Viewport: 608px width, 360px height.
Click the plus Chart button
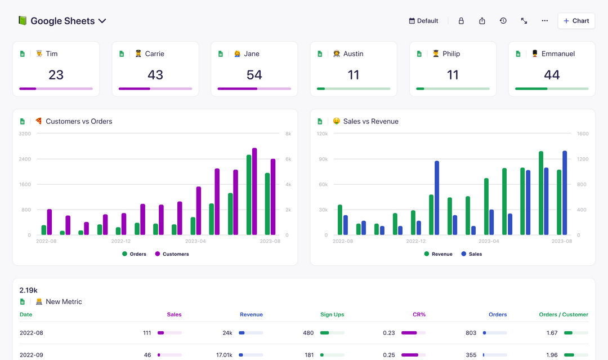(576, 21)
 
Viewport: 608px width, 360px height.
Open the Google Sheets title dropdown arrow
(102, 21)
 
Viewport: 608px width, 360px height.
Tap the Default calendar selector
(423, 21)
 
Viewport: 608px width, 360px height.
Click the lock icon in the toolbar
(461, 21)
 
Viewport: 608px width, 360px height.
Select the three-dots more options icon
(544, 21)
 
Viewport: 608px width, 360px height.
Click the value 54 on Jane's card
(254, 75)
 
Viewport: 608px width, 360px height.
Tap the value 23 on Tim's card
(56, 75)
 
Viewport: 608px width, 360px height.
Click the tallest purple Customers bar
(254, 192)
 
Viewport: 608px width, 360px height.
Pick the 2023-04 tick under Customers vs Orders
(195, 241)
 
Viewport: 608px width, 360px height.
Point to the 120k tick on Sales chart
(322, 134)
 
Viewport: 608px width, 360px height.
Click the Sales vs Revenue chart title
(370, 121)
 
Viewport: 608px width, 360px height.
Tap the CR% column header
(419, 314)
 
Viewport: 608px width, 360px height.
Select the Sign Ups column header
(332, 314)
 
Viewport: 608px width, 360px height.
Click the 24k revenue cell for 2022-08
(227, 333)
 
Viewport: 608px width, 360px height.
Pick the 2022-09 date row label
(31, 355)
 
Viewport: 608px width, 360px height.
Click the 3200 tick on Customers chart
(25, 134)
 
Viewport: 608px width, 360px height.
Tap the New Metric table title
(64, 302)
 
